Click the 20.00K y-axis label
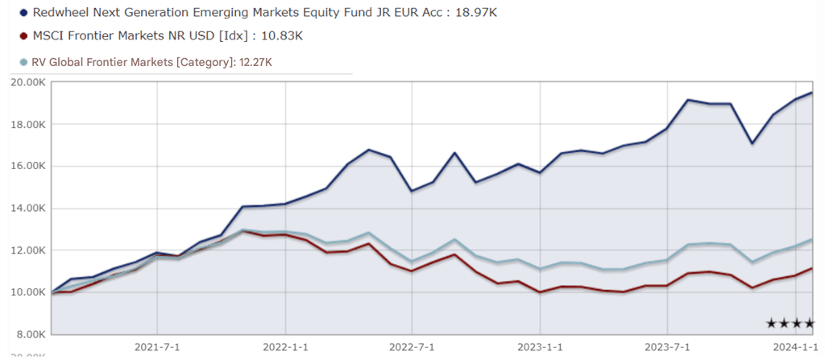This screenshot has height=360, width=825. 28,82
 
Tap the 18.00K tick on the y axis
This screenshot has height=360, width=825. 28,124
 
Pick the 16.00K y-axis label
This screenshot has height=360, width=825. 28,166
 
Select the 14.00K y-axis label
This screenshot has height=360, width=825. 28,208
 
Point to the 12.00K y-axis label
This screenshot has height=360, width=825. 28,250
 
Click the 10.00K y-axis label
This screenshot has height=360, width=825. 28,292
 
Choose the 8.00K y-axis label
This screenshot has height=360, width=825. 30,333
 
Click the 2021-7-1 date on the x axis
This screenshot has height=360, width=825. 157,347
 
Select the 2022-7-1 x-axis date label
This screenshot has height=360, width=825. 412,347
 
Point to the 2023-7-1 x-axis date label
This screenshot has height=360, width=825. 668,347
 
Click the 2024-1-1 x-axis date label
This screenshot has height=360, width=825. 794,347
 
